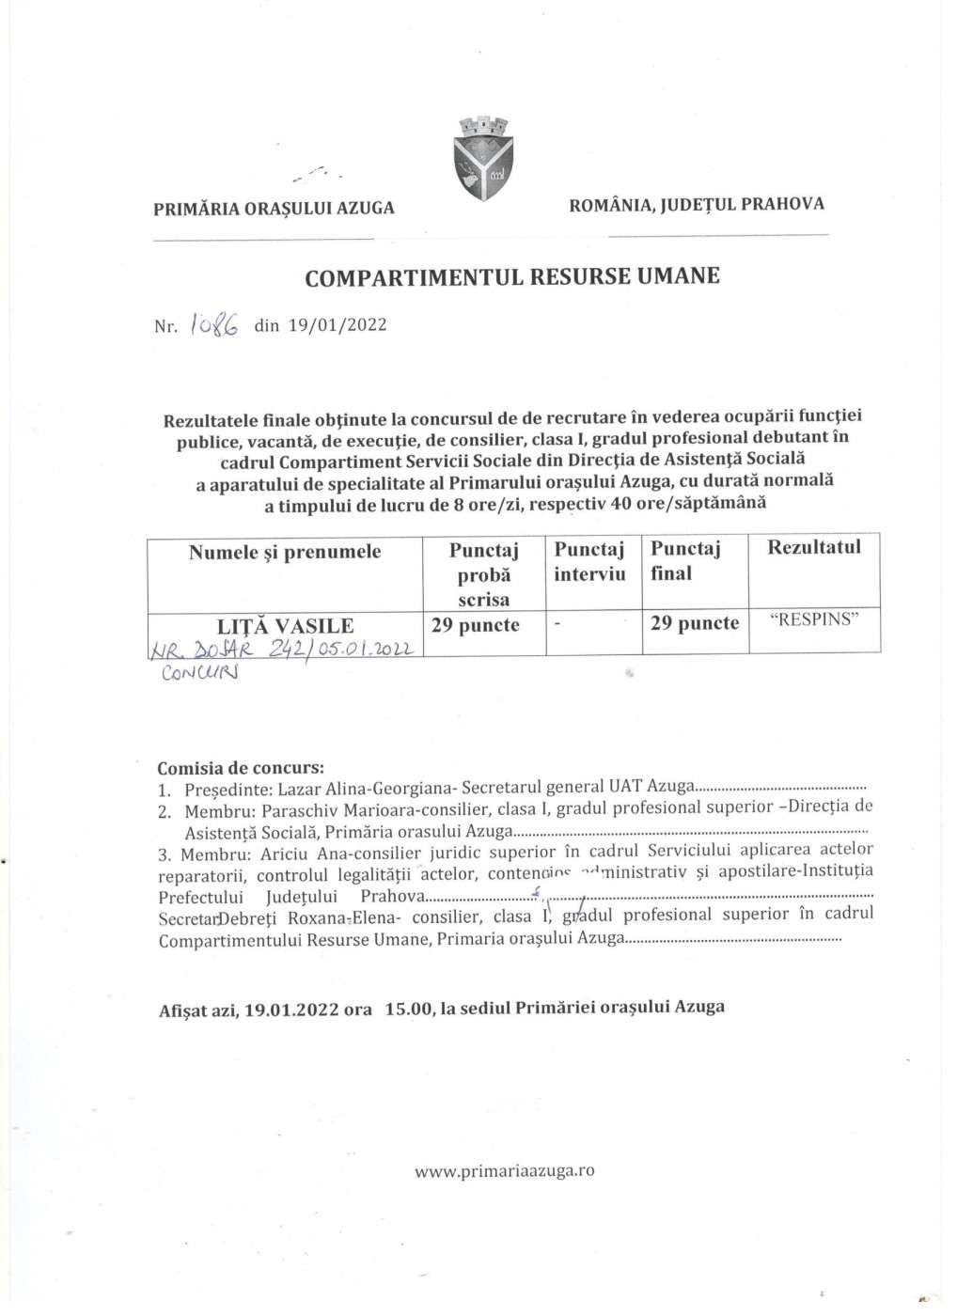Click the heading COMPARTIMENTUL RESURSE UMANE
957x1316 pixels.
[513, 276]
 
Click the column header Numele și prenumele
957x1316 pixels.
[285, 552]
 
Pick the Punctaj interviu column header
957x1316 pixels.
[589, 561]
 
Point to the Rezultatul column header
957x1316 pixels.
[814, 547]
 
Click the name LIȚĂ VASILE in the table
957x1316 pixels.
[286, 625]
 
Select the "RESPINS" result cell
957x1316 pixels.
[814, 621]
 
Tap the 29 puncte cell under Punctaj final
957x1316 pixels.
[695, 623]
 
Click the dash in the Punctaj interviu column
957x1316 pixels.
[557, 624]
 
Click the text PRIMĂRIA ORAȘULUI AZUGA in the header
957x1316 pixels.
[275, 208]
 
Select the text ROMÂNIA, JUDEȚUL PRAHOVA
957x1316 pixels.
[697, 203]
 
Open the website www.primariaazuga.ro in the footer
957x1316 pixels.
[504, 1171]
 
